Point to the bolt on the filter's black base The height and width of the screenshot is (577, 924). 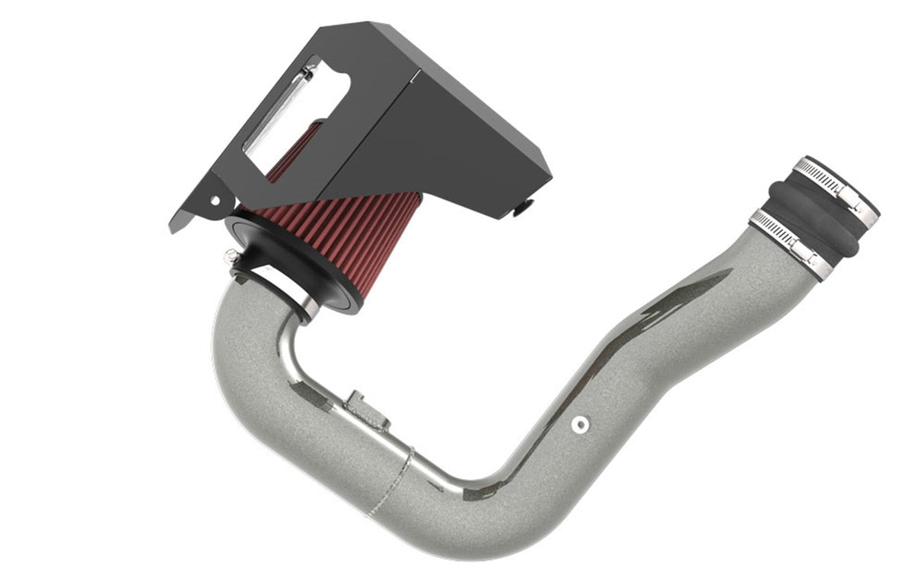click(229, 255)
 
